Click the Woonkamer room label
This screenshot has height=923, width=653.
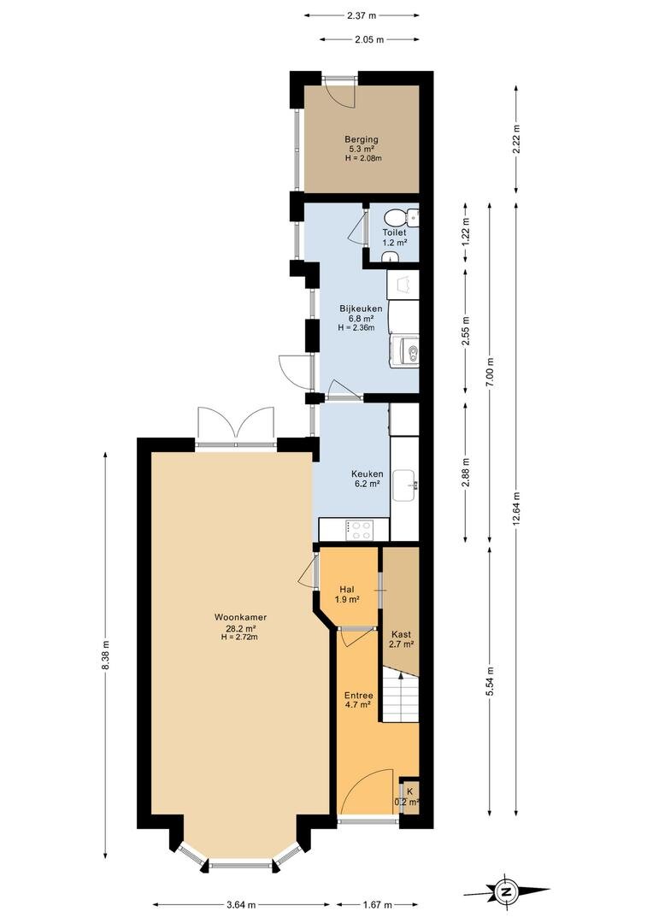click(x=240, y=618)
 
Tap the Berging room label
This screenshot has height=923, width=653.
click(x=362, y=139)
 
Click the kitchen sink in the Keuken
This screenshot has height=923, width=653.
click(x=405, y=485)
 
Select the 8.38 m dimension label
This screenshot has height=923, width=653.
click(x=105, y=655)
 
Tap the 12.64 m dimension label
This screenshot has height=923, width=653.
click(x=515, y=508)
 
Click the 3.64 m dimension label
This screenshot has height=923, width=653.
click(x=241, y=905)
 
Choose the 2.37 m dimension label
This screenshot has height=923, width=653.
click(x=361, y=16)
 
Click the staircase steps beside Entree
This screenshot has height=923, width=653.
click(x=400, y=697)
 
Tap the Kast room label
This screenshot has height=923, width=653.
click(x=401, y=634)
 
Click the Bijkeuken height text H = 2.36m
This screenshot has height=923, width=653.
click(x=356, y=328)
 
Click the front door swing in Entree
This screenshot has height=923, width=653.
click(x=368, y=791)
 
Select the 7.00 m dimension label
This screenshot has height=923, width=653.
click(x=490, y=373)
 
